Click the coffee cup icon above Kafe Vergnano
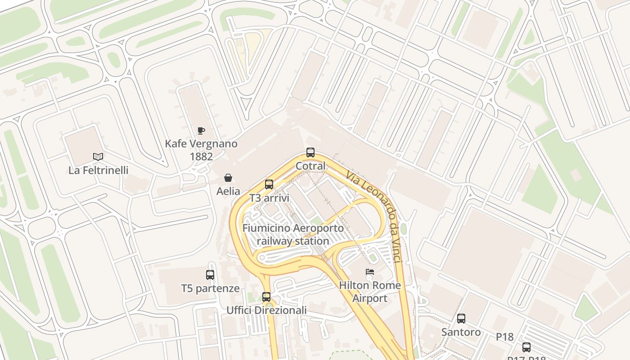tap(201, 131)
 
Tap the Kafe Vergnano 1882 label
tap(201, 150)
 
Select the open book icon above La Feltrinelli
tap(98, 157)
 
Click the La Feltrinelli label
tap(98, 171)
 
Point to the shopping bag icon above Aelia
tap(228, 178)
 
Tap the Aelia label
tap(228, 191)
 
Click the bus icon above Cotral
tap(310, 153)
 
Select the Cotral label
tap(310, 166)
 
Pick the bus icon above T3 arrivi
tap(269, 184)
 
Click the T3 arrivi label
tap(269, 198)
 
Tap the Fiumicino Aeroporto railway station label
tap(293, 234)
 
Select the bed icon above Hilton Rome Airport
tap(370, 272)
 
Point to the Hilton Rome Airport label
tap(370, 292)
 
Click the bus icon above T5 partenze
tap(210, 274)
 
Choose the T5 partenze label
tap(210, 288)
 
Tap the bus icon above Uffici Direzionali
tap(266, 297)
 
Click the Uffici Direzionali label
tap(266, 310)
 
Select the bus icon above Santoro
tap(461, 319)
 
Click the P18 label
tap(505, 337)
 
